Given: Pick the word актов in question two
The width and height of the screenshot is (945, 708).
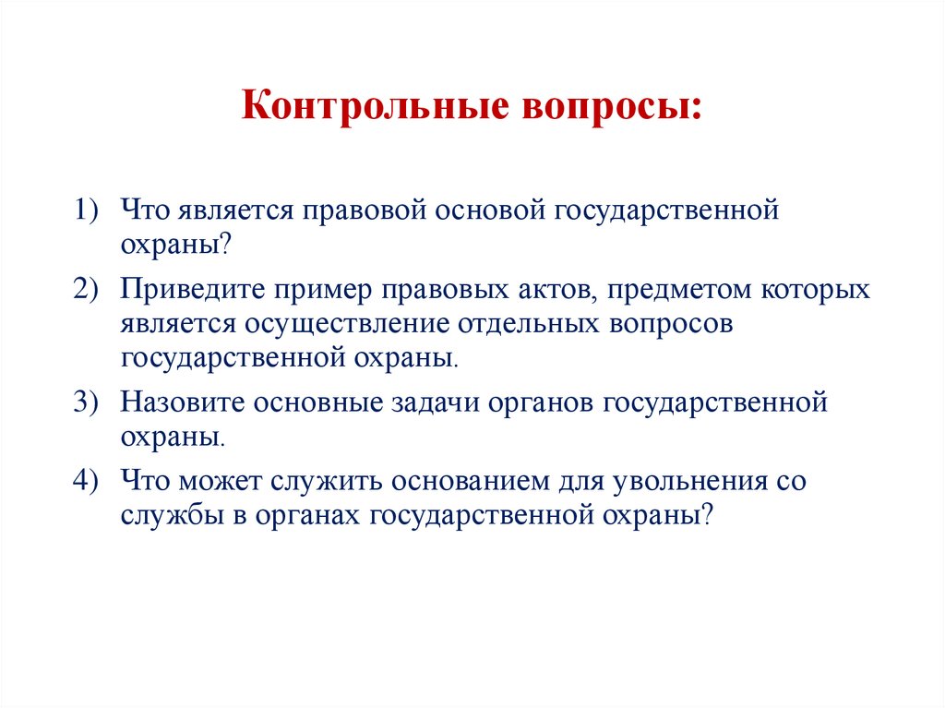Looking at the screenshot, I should point(547,290).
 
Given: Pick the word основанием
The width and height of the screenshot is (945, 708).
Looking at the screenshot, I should point(467,482).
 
